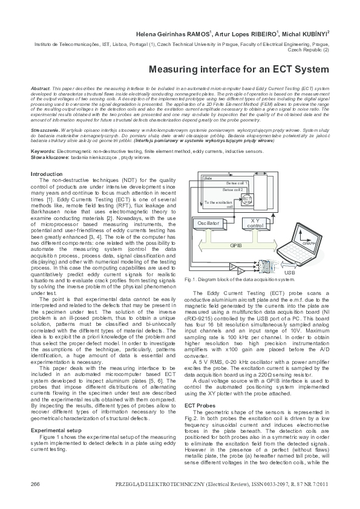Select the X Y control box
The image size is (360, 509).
(257, 224)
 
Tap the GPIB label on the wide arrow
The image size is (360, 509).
(237, 245)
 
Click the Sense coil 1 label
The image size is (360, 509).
(237, 182)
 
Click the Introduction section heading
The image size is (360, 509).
(47, 174)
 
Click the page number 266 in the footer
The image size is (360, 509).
(35, 485)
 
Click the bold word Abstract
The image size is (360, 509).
(40, 88)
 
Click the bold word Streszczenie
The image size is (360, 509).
(46, 130)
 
